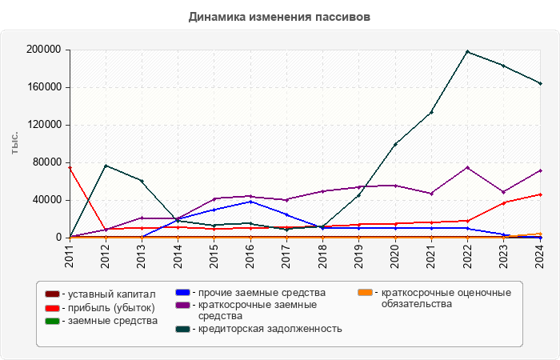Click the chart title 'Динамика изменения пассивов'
coord(280,16)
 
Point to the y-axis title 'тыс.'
coord(14,143)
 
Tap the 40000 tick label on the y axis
coord(47,200)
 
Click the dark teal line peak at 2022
coord(467,52)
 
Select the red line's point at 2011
coord(70,168)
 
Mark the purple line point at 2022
coord(467,167)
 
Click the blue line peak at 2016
coord(250,202)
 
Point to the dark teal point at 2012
coord(106,166)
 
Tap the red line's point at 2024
coord(540,194)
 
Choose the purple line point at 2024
coord(540,170)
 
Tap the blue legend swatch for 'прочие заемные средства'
coord(182,292)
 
